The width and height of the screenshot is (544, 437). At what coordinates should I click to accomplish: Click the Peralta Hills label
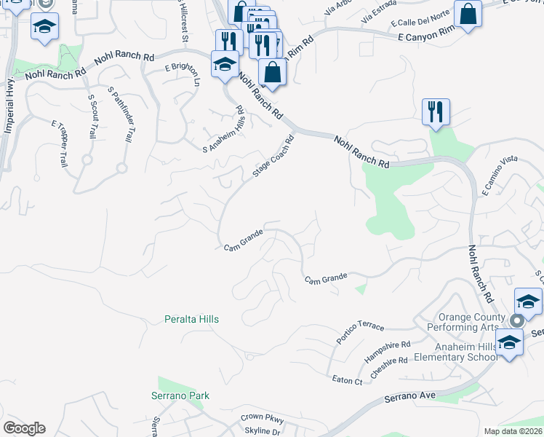click(x=191, y=319)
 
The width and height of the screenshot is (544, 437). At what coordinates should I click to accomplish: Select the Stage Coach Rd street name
click(x=273, y=156)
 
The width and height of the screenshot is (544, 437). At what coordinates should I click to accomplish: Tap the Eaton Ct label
click(x=347, y=380)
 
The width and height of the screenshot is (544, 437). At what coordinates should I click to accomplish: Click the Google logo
click(x=23, y=428)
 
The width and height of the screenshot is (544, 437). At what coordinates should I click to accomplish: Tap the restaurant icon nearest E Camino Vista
click(x=436, y=112)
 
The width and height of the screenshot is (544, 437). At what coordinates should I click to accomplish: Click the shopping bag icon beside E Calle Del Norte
click(x=468, y=14)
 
